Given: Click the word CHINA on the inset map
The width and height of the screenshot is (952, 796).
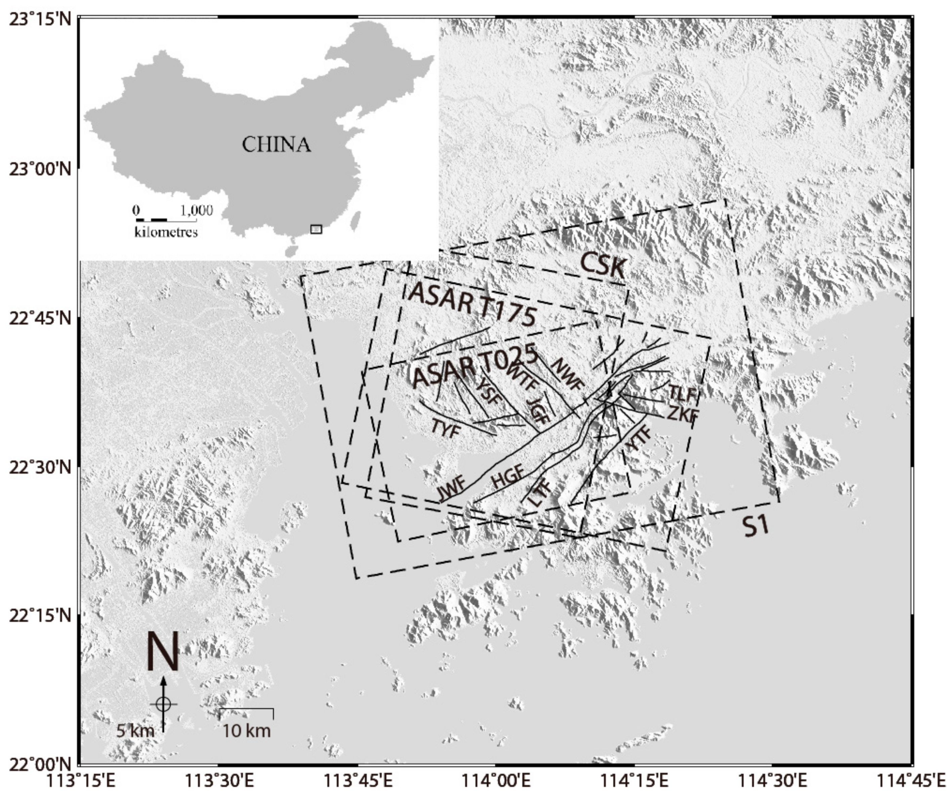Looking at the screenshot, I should (276, 145).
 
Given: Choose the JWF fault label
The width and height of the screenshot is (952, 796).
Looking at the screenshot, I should (451, 489).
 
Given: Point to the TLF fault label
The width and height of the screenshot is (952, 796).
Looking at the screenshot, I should (682, 394).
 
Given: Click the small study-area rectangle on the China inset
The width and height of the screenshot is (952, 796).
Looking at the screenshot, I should (316, 229).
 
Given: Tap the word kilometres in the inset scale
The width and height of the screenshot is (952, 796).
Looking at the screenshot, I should (166, 232).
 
